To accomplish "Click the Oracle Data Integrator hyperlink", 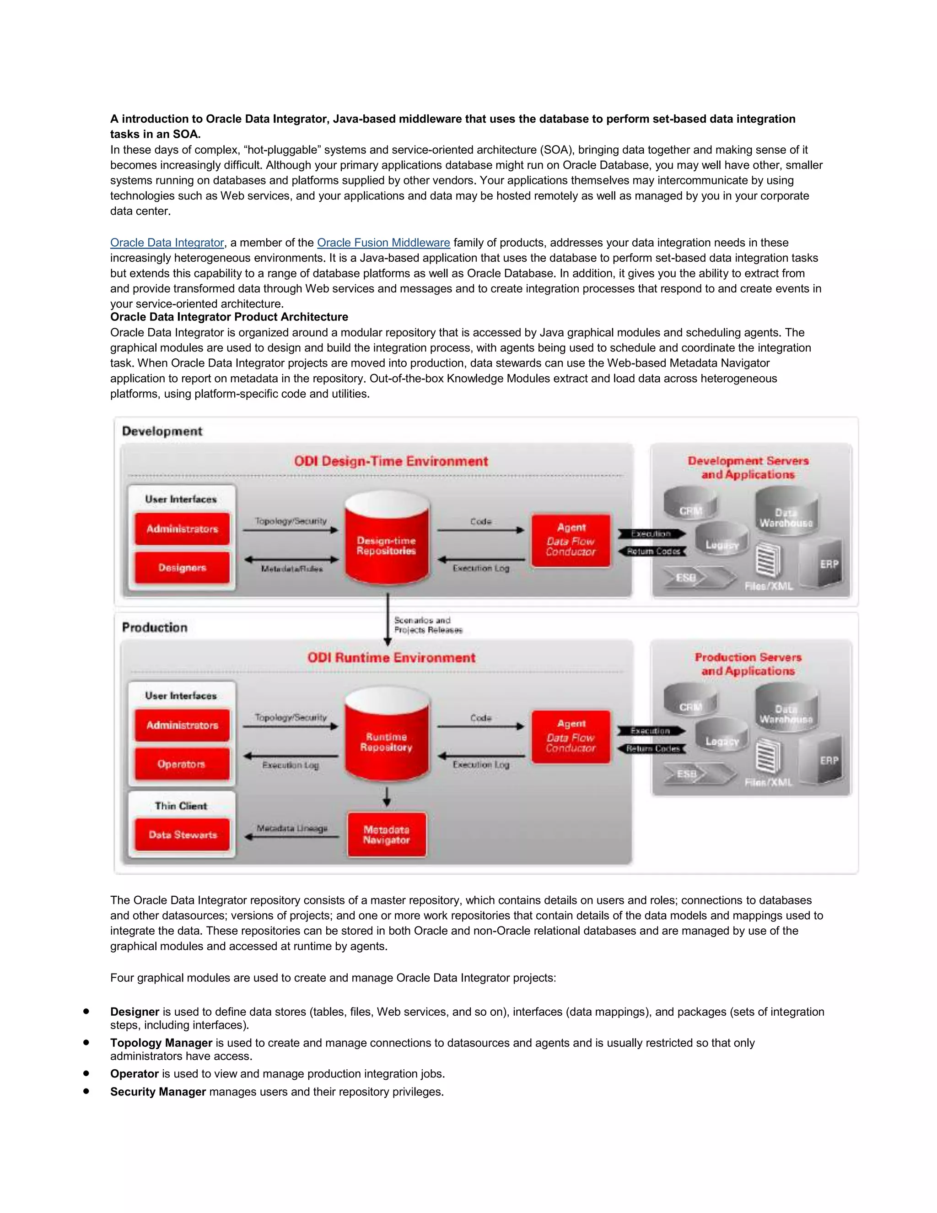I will click(167, 243).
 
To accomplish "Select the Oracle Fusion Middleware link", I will click(383, 243).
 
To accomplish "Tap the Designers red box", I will click(182, 568).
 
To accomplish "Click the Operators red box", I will click(182, 764).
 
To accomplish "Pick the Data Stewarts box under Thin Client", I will click(182, 835).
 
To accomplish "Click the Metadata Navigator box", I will click(387, 835).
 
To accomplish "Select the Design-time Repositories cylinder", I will click(387, 542).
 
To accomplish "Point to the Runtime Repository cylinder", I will click(387, 739).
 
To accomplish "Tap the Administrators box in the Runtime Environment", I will click(182, 726).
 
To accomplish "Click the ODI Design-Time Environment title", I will click(391, 461).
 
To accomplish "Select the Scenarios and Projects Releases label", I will click(428, 625).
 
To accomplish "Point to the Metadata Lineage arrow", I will click(292, 836).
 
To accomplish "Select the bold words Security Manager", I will click(158, 1092).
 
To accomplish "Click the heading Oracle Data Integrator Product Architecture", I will click(229, 317).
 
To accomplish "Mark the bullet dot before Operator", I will click(86, 1073).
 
